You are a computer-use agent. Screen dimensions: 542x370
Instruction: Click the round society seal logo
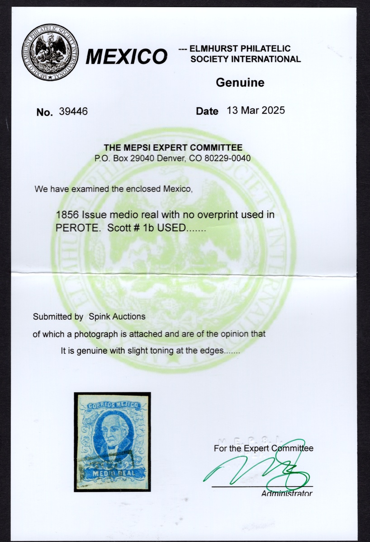50,52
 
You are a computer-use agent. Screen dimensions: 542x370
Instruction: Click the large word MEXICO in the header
127,57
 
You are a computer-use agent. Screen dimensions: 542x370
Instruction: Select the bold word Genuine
240,83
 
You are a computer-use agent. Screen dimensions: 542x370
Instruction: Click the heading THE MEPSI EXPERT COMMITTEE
173,148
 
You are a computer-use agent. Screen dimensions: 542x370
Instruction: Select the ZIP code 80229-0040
225,159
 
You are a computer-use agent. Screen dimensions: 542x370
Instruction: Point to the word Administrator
286,493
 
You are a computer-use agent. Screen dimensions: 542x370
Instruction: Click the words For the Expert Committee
263,449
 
